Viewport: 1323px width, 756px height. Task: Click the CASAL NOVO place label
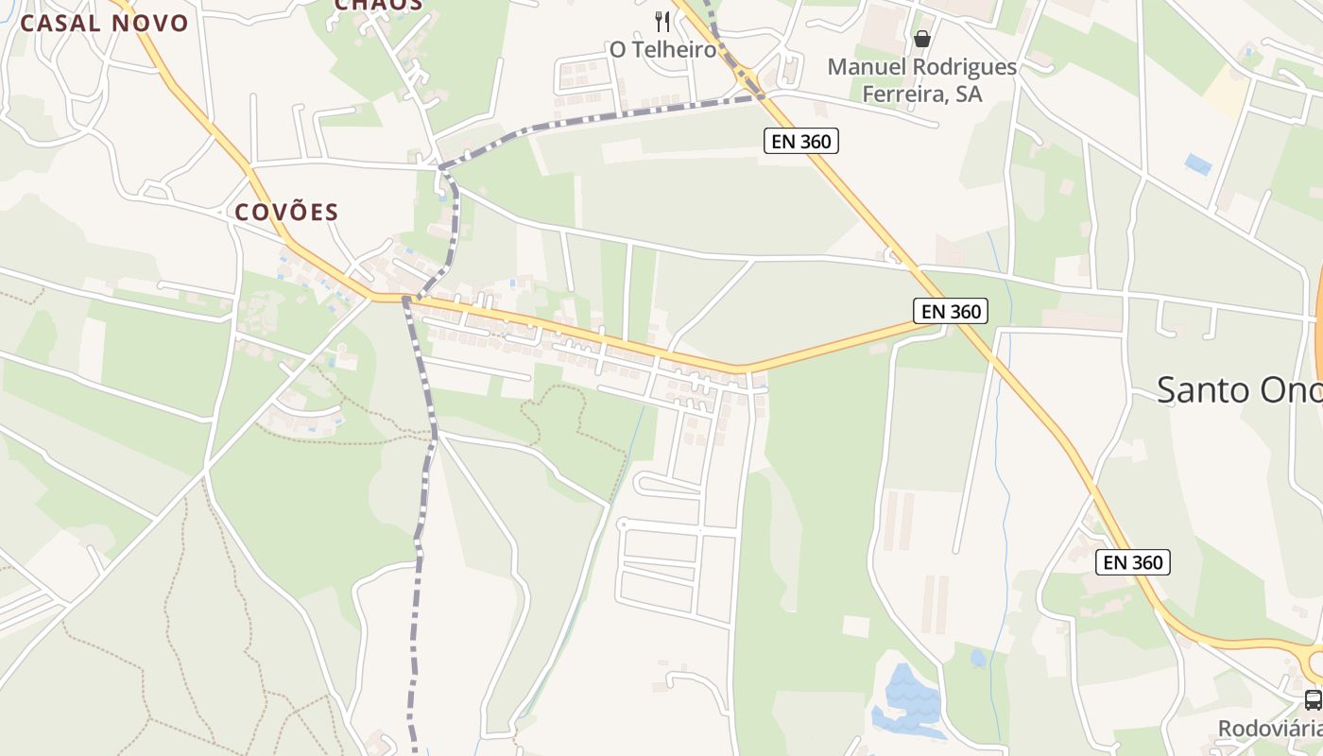[104, 24]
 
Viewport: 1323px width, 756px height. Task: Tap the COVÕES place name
[286, 212]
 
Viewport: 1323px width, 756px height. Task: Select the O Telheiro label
[662, 49]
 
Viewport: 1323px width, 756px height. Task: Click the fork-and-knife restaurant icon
[662, 22]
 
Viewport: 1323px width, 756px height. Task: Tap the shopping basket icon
[921, 39]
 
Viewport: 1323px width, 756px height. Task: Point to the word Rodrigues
[965, 67]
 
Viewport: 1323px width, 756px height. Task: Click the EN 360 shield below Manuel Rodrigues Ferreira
[800, 142]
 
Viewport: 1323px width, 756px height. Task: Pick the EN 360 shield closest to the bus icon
[1133, 562]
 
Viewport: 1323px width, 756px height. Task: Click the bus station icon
[1313, 700]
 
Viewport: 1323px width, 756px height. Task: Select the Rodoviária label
[1269, 729]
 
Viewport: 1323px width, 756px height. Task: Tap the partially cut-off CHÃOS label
[378, 6]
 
